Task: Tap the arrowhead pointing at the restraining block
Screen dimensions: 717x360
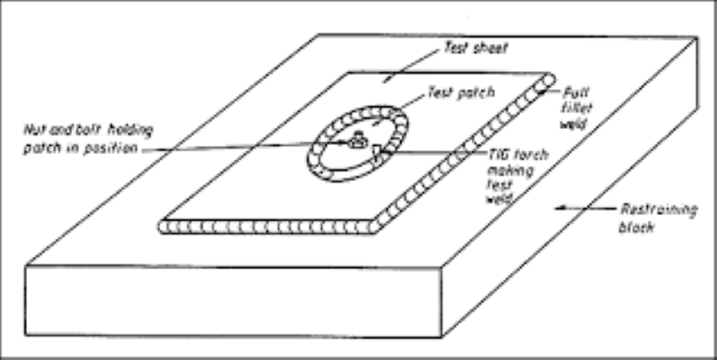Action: [x=560, y=207]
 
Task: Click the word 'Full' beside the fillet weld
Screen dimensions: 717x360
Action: [x=573, y=92]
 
